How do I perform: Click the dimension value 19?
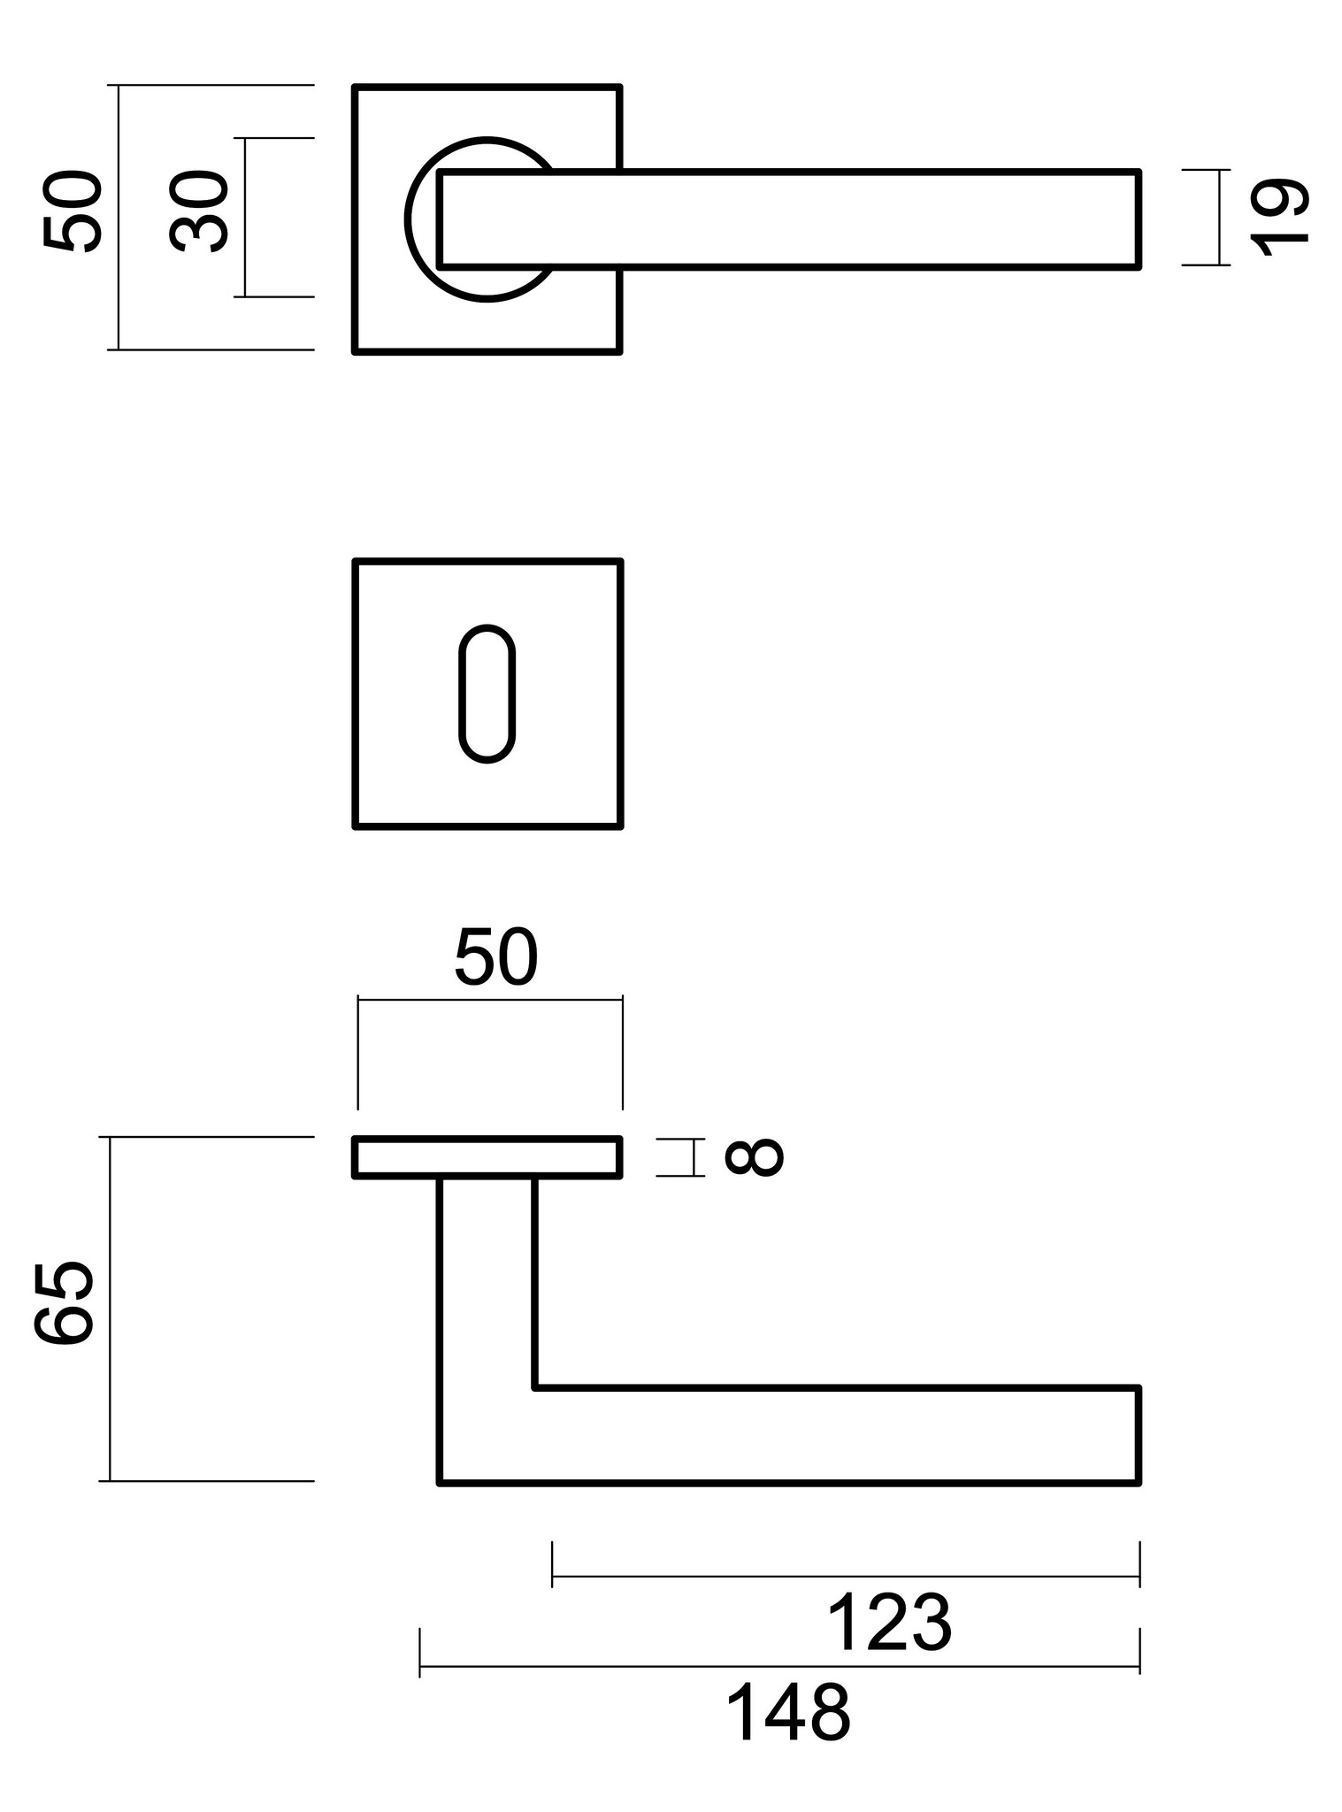coord(1279,218)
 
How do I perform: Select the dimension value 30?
coord(199,213)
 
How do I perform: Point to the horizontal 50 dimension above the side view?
coord(495,958)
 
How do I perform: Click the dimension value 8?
coord(754,1156)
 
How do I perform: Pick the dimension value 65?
coord(64,1305)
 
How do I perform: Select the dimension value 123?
coord(889,1623)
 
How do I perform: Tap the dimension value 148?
coord(787,1713)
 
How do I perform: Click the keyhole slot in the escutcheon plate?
coord(487,695)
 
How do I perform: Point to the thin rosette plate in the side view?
coord(487,1157)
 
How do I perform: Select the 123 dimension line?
coord(845,1576)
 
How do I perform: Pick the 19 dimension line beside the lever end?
coord(1219,217)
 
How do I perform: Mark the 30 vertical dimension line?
coord(246,217)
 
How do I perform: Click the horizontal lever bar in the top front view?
coord(787,218)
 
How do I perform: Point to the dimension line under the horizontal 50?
coord(489,1000)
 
